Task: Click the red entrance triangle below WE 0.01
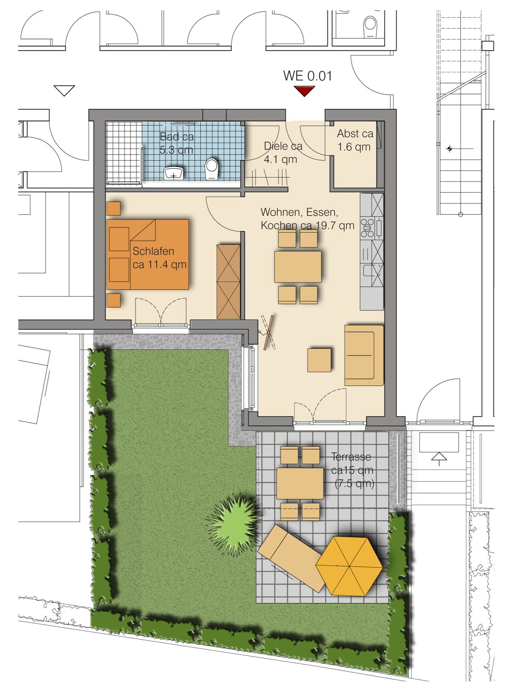(x=304, y=91)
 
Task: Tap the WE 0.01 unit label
(x=307, y=76)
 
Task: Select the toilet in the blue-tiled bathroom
(x=211, y=169)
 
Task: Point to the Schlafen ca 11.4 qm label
(x=160, y=258)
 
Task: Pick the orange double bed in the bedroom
(x=147, y=255)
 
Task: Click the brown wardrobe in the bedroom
(x=229, y=282)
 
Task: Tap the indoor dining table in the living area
(x=298, y=266)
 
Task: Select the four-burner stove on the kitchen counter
(x=367, y=228)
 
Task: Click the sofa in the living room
(x=364, y=355)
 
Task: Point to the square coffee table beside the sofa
(x=319, y=360)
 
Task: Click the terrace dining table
(x=300, y=483)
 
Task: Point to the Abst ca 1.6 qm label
(x=355, y=140)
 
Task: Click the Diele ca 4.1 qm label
(x=283, y=153)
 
